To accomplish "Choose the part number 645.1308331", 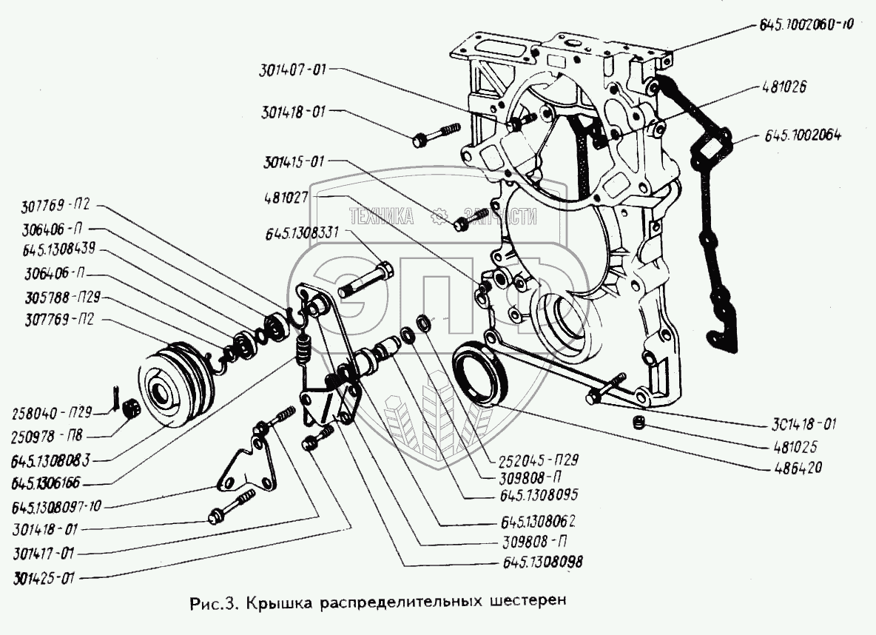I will (x=300, y=232).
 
